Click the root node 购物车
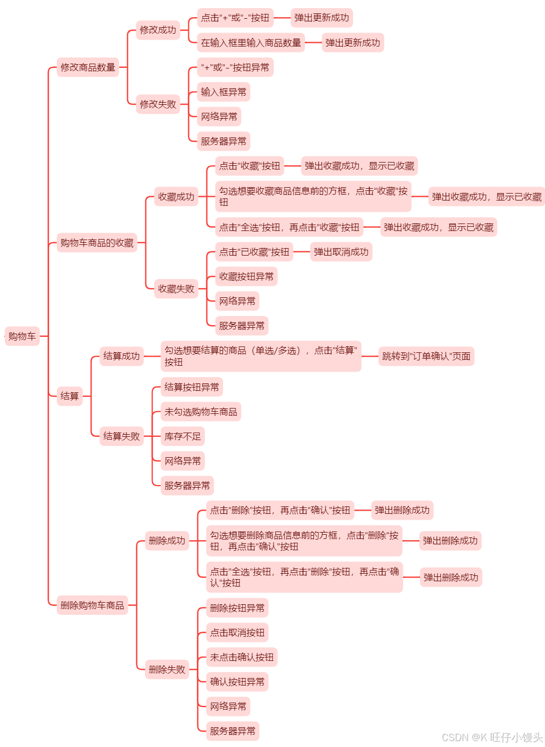click(22, 336)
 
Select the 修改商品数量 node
click(88, 67)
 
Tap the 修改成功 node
click(158, 30)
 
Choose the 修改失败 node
click(158, 104)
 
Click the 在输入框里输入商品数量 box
click(251, 42)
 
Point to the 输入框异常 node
click(224, 92)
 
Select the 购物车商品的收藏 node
click(97, 242)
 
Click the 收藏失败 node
click(176, 288)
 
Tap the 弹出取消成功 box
click(341, 252)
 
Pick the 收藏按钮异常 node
click(246, 276)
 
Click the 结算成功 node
click(121, 356)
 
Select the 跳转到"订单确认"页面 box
click(426, 356)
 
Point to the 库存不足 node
click(182, 436)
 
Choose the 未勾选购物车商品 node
click(201, 412)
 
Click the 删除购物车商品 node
click(93, 605)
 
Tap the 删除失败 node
click(167, 669)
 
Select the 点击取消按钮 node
click(237, 632)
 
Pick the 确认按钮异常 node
click(237, 682)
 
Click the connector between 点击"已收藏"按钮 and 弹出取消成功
click(302, 252)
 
